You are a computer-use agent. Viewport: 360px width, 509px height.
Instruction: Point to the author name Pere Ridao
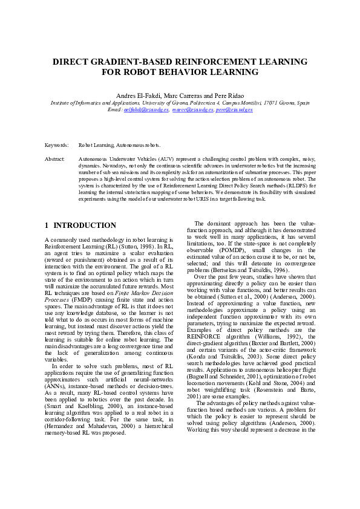coord(227,96)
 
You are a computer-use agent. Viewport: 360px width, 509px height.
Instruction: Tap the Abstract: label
coord(55,158)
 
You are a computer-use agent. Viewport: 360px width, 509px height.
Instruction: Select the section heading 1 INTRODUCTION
coord(80,225)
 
